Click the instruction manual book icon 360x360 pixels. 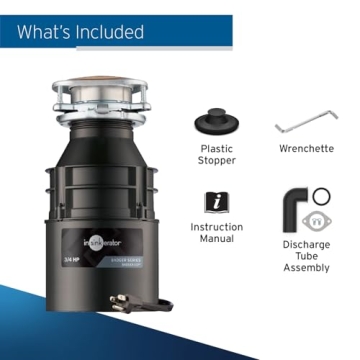(x=216, y=201)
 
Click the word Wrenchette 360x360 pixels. (x=307, y=151)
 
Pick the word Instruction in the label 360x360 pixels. (x=216, y=228)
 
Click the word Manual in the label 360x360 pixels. (x=216, y=241)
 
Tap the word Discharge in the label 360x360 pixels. (x=306, y=244)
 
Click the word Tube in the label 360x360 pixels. (x=306, y=257)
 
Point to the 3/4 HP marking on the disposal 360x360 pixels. (x=90, y=259)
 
